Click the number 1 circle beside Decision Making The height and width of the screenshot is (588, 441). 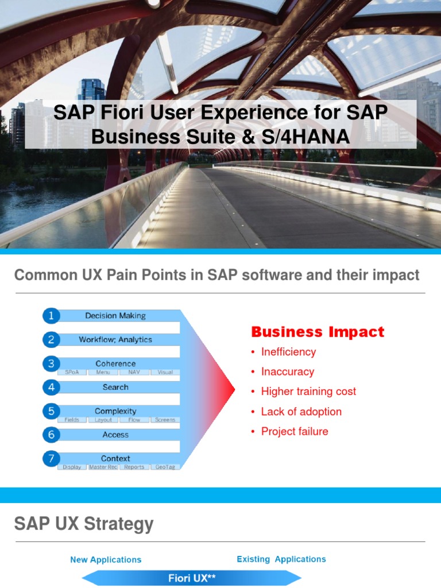point(51,315)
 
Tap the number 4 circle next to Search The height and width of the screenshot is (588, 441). point(51,387)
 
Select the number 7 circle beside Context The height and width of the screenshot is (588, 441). point(51,458)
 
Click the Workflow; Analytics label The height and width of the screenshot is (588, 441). point(115,339)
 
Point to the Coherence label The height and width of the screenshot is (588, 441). point(115,363)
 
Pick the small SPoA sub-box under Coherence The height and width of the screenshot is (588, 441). point(72,372)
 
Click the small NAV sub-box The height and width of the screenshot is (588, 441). point(134,372)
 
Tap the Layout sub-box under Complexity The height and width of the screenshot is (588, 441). point(103,420)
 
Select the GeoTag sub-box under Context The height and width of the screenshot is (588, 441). point(165,467)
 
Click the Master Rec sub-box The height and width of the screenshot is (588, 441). point(103,467)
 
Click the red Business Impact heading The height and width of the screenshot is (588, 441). point(318,332)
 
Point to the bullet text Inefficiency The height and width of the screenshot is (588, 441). point(288,352)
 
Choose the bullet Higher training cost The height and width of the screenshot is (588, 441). point(308,392)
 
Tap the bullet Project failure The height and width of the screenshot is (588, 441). point(295,431)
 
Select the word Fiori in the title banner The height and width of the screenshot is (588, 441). point(122,112)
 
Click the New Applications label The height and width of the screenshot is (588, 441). point(106,559)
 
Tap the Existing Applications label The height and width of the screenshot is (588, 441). point(281,559)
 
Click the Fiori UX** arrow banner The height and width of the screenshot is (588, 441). point(192,578)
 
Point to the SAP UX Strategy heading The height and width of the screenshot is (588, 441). point(84,524)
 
